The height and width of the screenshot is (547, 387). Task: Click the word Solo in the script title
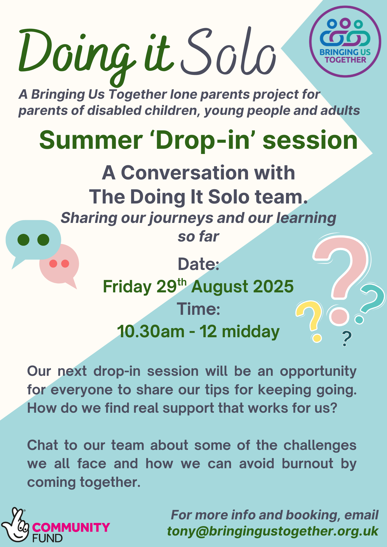pyautogui.click(x=229, y=52)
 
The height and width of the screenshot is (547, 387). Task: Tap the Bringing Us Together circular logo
pyautogui.click(x=345, y=42)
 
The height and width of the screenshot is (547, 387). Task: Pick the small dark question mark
pyautogui.click(x=346, y=339)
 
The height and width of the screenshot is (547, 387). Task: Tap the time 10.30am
pyautogui.click(x=151, y=331)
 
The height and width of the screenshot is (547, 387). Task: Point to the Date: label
pyautogui.click(x=199, y=264)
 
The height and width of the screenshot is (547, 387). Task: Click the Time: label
pyautogui.click(x=198, y=309)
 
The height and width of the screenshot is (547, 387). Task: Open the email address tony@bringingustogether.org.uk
pyautogui.click(x=273, y=531)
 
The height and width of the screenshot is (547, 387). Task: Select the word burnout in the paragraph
pyautogui.click(x=308, y=464)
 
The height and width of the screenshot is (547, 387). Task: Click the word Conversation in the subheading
pyautogui.click(x=185, y=173)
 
